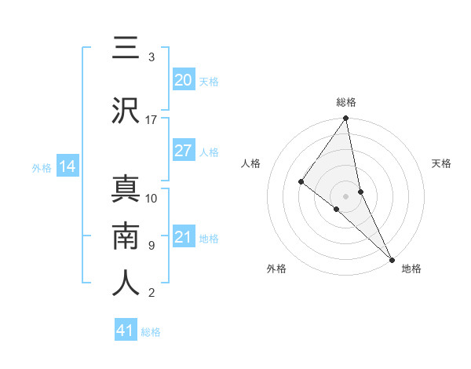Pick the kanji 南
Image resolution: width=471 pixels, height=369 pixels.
pyautogui.click(x=126, y=236)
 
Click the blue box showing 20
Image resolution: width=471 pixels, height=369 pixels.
pyautogui.click(x=183, y=80)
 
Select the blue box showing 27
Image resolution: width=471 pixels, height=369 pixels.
pyautogui.click(x=183, y=151)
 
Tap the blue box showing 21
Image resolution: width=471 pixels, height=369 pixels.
pyautogui.click(x=183, y=237)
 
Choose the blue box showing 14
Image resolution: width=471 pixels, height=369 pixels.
pyautogui.click(x=67, y=166)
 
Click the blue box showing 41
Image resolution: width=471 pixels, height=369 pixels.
pyautogui.click(x=126, y=331)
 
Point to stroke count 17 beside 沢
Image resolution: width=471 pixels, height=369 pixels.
pyautogui.click(x=152, y=120)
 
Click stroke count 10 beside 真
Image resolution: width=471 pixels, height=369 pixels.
pyautogui.click(x=152, y=199)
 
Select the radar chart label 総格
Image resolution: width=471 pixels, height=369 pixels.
pyautogui.click(x=345, y=102)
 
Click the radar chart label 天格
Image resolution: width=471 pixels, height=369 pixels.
pyautogui.click(x=441, y=163)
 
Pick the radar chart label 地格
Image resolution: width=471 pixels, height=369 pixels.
pyautogui.click(x=411, y=269)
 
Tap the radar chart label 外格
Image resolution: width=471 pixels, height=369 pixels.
pyautogui.click(x=276, y=269)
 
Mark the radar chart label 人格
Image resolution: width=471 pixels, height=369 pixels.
pyautogui.click(x=250, y=163)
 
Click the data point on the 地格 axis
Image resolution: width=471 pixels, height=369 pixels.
pyautogui.click(x=391, y=258)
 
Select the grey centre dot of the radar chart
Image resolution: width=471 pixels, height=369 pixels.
pyautogui.click(x=345, y=195)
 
